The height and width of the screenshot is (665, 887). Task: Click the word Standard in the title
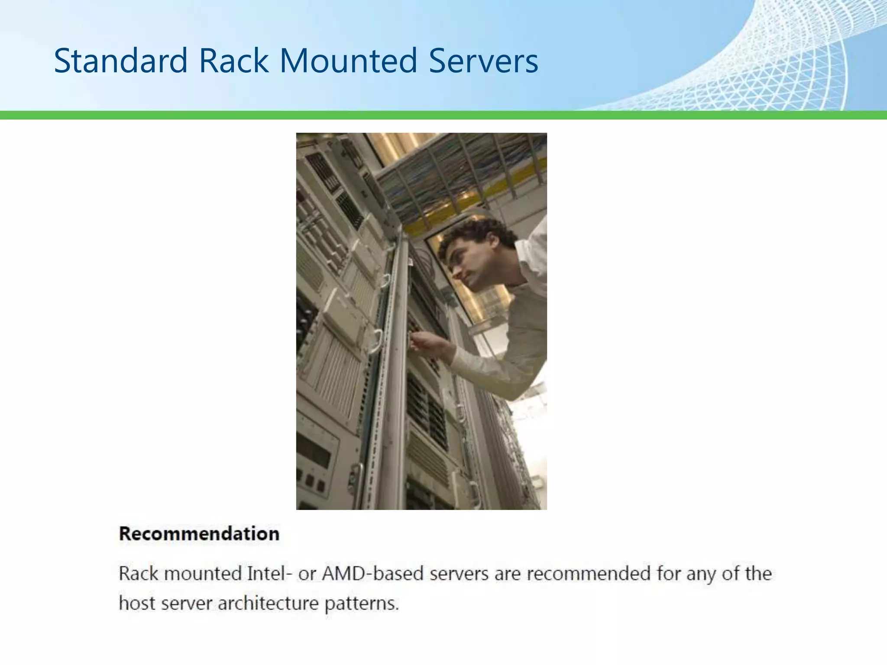[120, 61]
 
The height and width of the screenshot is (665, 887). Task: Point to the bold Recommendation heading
[199, 534]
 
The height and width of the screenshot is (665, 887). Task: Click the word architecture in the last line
[268, 603]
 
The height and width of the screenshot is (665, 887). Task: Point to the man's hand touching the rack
[422, 342]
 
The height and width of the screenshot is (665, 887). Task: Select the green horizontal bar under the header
[443, 115]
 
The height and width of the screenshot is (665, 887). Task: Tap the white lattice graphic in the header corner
[801, 56]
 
